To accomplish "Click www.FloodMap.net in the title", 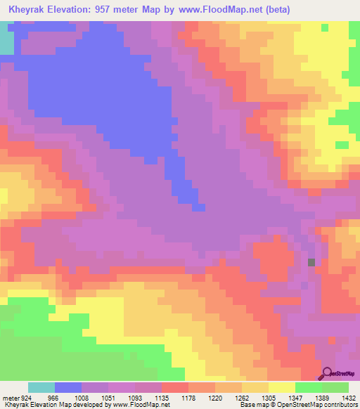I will [x=215, y=10].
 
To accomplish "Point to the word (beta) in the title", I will [x=273, y=10].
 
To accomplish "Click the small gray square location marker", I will [x=311, y=262].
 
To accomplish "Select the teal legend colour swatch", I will [x=41, y=388].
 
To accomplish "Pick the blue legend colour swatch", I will [x=68, y=388].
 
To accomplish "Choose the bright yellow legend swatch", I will [x=282, y=388].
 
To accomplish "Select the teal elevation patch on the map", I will [x=6, y=39].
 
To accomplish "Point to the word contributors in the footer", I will [x=342, y=405].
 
